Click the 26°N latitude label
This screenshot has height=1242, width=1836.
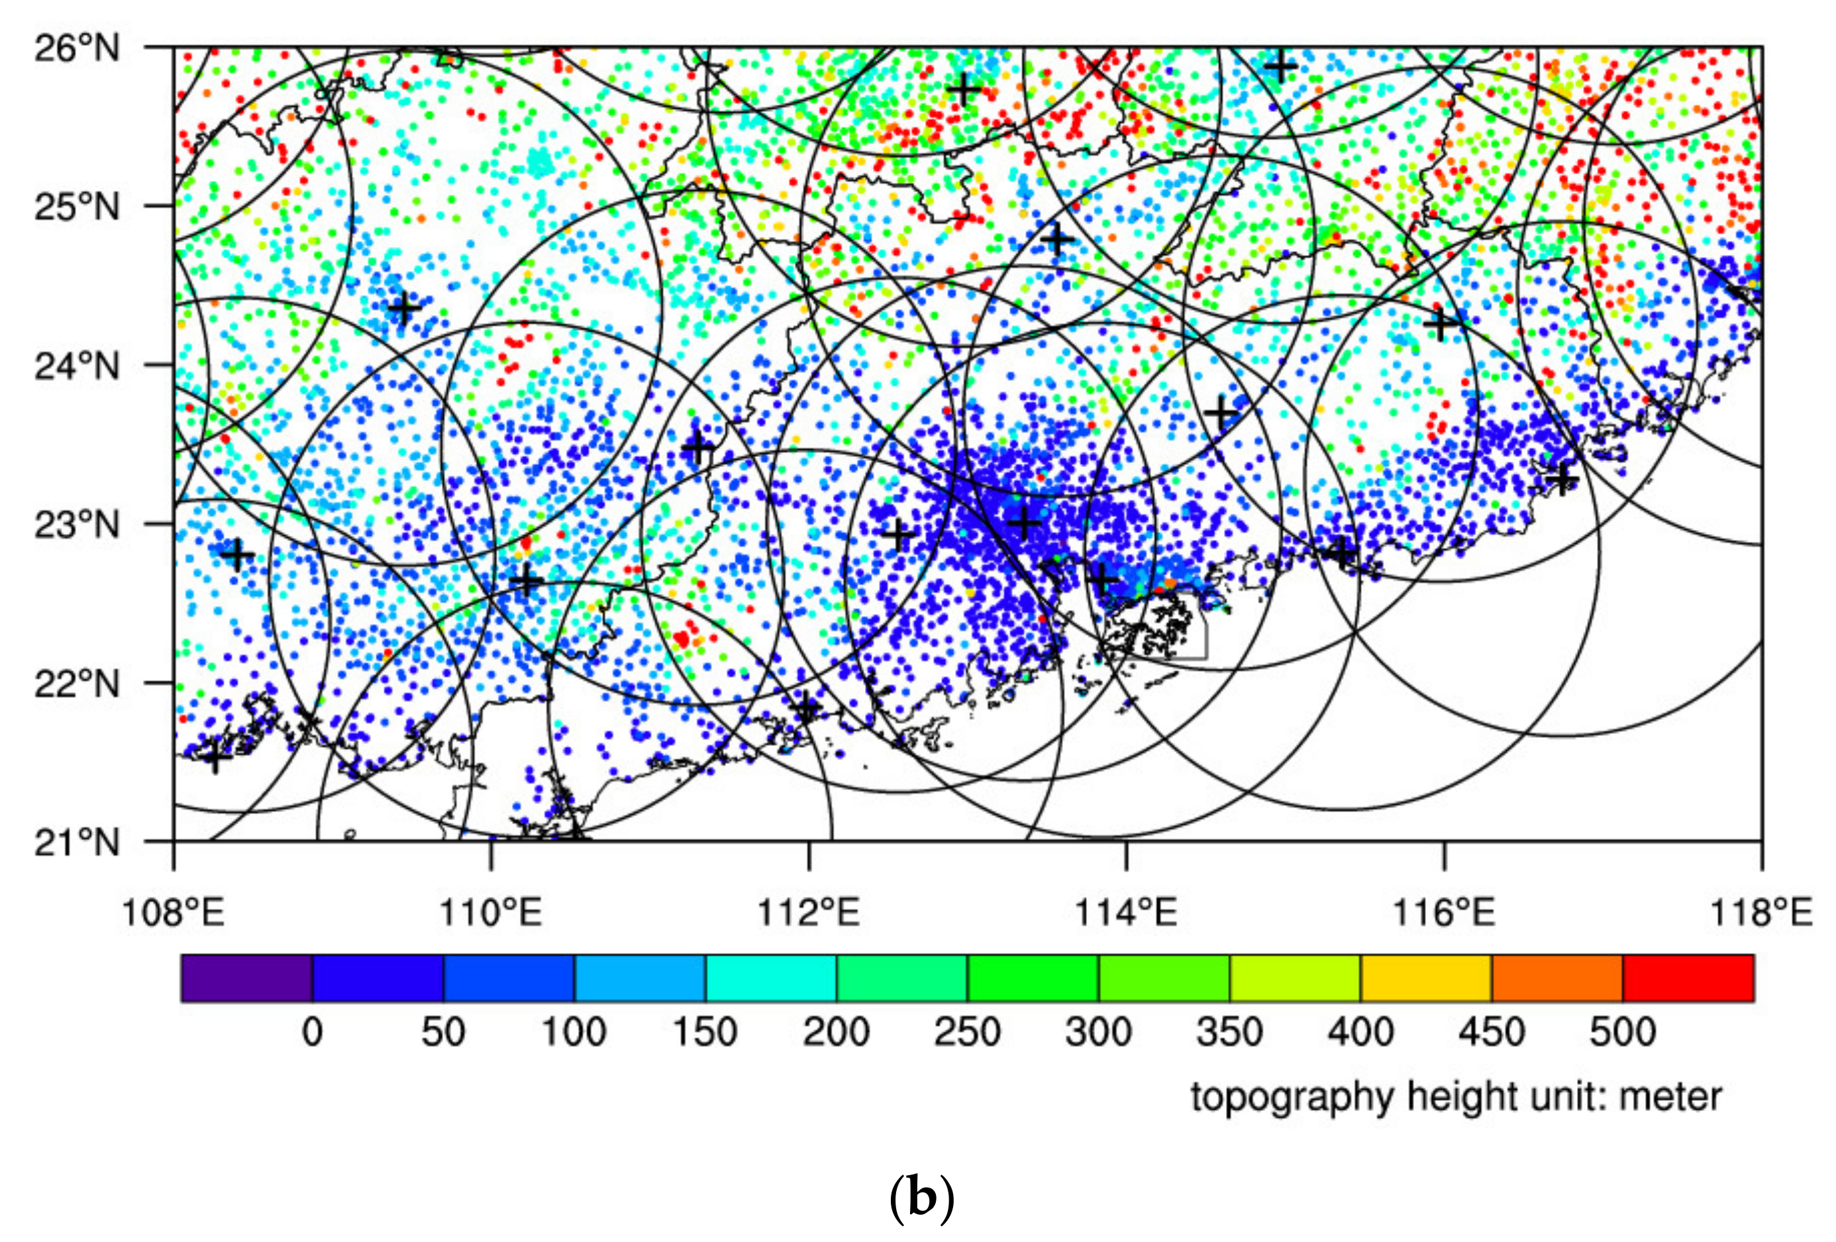(77, 49)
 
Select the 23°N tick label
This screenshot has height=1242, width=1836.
(77, 525)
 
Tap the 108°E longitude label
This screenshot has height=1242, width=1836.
(173, 913)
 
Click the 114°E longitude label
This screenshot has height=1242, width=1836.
(1125, 913)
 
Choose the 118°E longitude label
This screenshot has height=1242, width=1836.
(1760, 913)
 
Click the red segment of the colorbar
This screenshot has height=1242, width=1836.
(1688, 978)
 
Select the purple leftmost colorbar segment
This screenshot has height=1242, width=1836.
(246, 978)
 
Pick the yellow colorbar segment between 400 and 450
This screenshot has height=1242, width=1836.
(1425, 978)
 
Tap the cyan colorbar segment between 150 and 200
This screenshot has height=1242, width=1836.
(770, 978)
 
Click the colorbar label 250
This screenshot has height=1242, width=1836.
(967, 1033)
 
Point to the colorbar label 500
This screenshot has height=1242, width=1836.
(1622, 1033)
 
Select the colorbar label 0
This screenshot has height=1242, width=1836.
(312, 1033)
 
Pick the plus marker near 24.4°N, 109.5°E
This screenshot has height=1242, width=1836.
(405, 308)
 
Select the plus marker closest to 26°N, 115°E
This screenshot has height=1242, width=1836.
(1280, 66)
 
